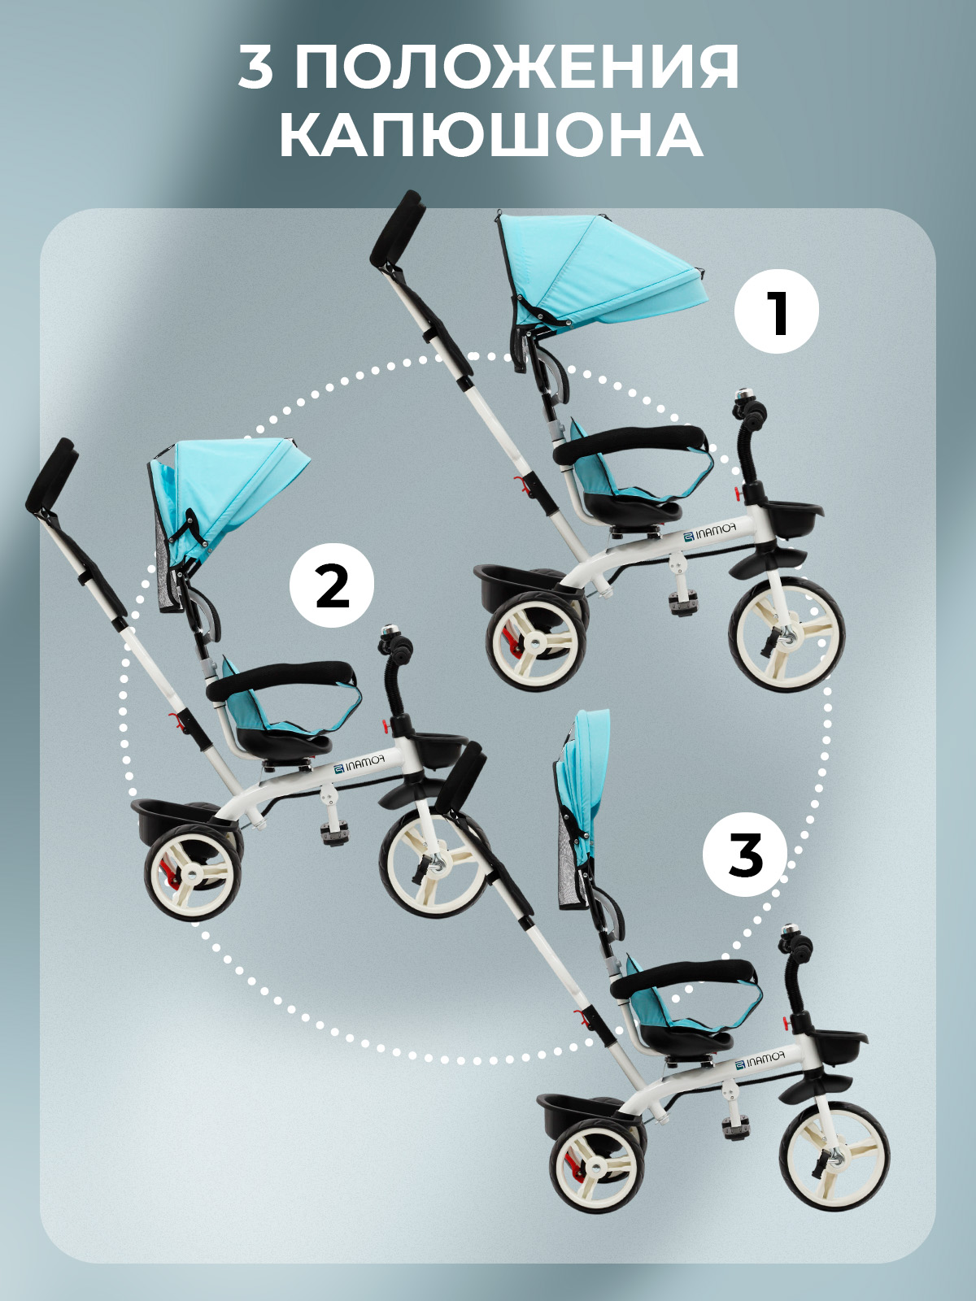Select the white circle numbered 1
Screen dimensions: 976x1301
click(x=776, y=311)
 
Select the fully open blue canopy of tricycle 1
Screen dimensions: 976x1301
click(x=599, y=272)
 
